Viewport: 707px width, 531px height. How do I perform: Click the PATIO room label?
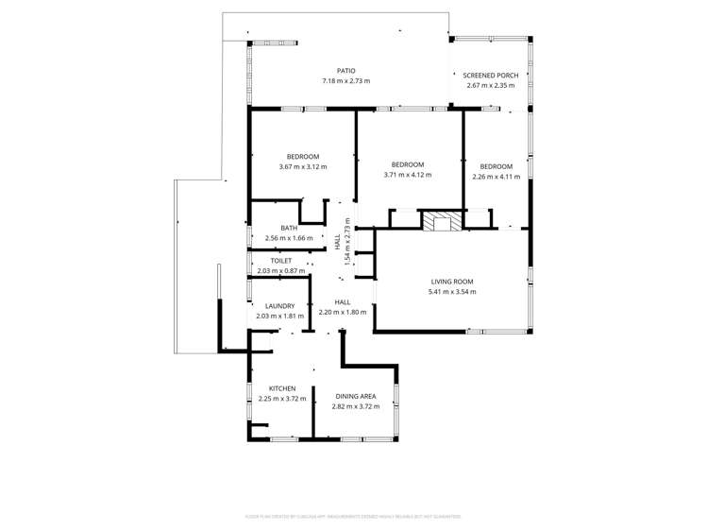(x=345, y=71)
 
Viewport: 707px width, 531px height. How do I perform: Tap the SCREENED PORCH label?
(x=490, y=76)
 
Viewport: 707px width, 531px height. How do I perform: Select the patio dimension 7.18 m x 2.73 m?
(x=345, y=81)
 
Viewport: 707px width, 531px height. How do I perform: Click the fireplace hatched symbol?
(x=437, y=221)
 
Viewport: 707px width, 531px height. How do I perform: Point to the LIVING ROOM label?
(x=451, y=282)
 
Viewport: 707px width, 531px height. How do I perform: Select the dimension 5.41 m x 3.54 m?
(x=451, y=292)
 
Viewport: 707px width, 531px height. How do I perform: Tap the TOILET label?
(x=281, y=261)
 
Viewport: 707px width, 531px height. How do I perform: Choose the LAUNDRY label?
(x=280, y=306)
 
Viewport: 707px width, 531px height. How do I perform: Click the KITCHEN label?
(x=282, y=388)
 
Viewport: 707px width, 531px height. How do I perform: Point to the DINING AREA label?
(x=356, y=396)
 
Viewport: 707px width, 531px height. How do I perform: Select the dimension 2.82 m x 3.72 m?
(x=356, y=406)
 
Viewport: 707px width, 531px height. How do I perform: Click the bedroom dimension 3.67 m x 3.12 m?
(x=303, y=167)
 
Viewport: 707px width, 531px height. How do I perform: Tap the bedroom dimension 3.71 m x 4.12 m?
(x=407, y=175)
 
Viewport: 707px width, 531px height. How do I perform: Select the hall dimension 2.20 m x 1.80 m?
(x=342, y=313)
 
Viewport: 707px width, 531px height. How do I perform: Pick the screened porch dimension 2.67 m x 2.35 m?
(x=490, y=86)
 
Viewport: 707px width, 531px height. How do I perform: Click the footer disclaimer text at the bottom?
(x=353, y=517)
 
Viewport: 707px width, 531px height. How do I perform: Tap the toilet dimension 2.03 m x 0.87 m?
(x=281, y=271)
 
